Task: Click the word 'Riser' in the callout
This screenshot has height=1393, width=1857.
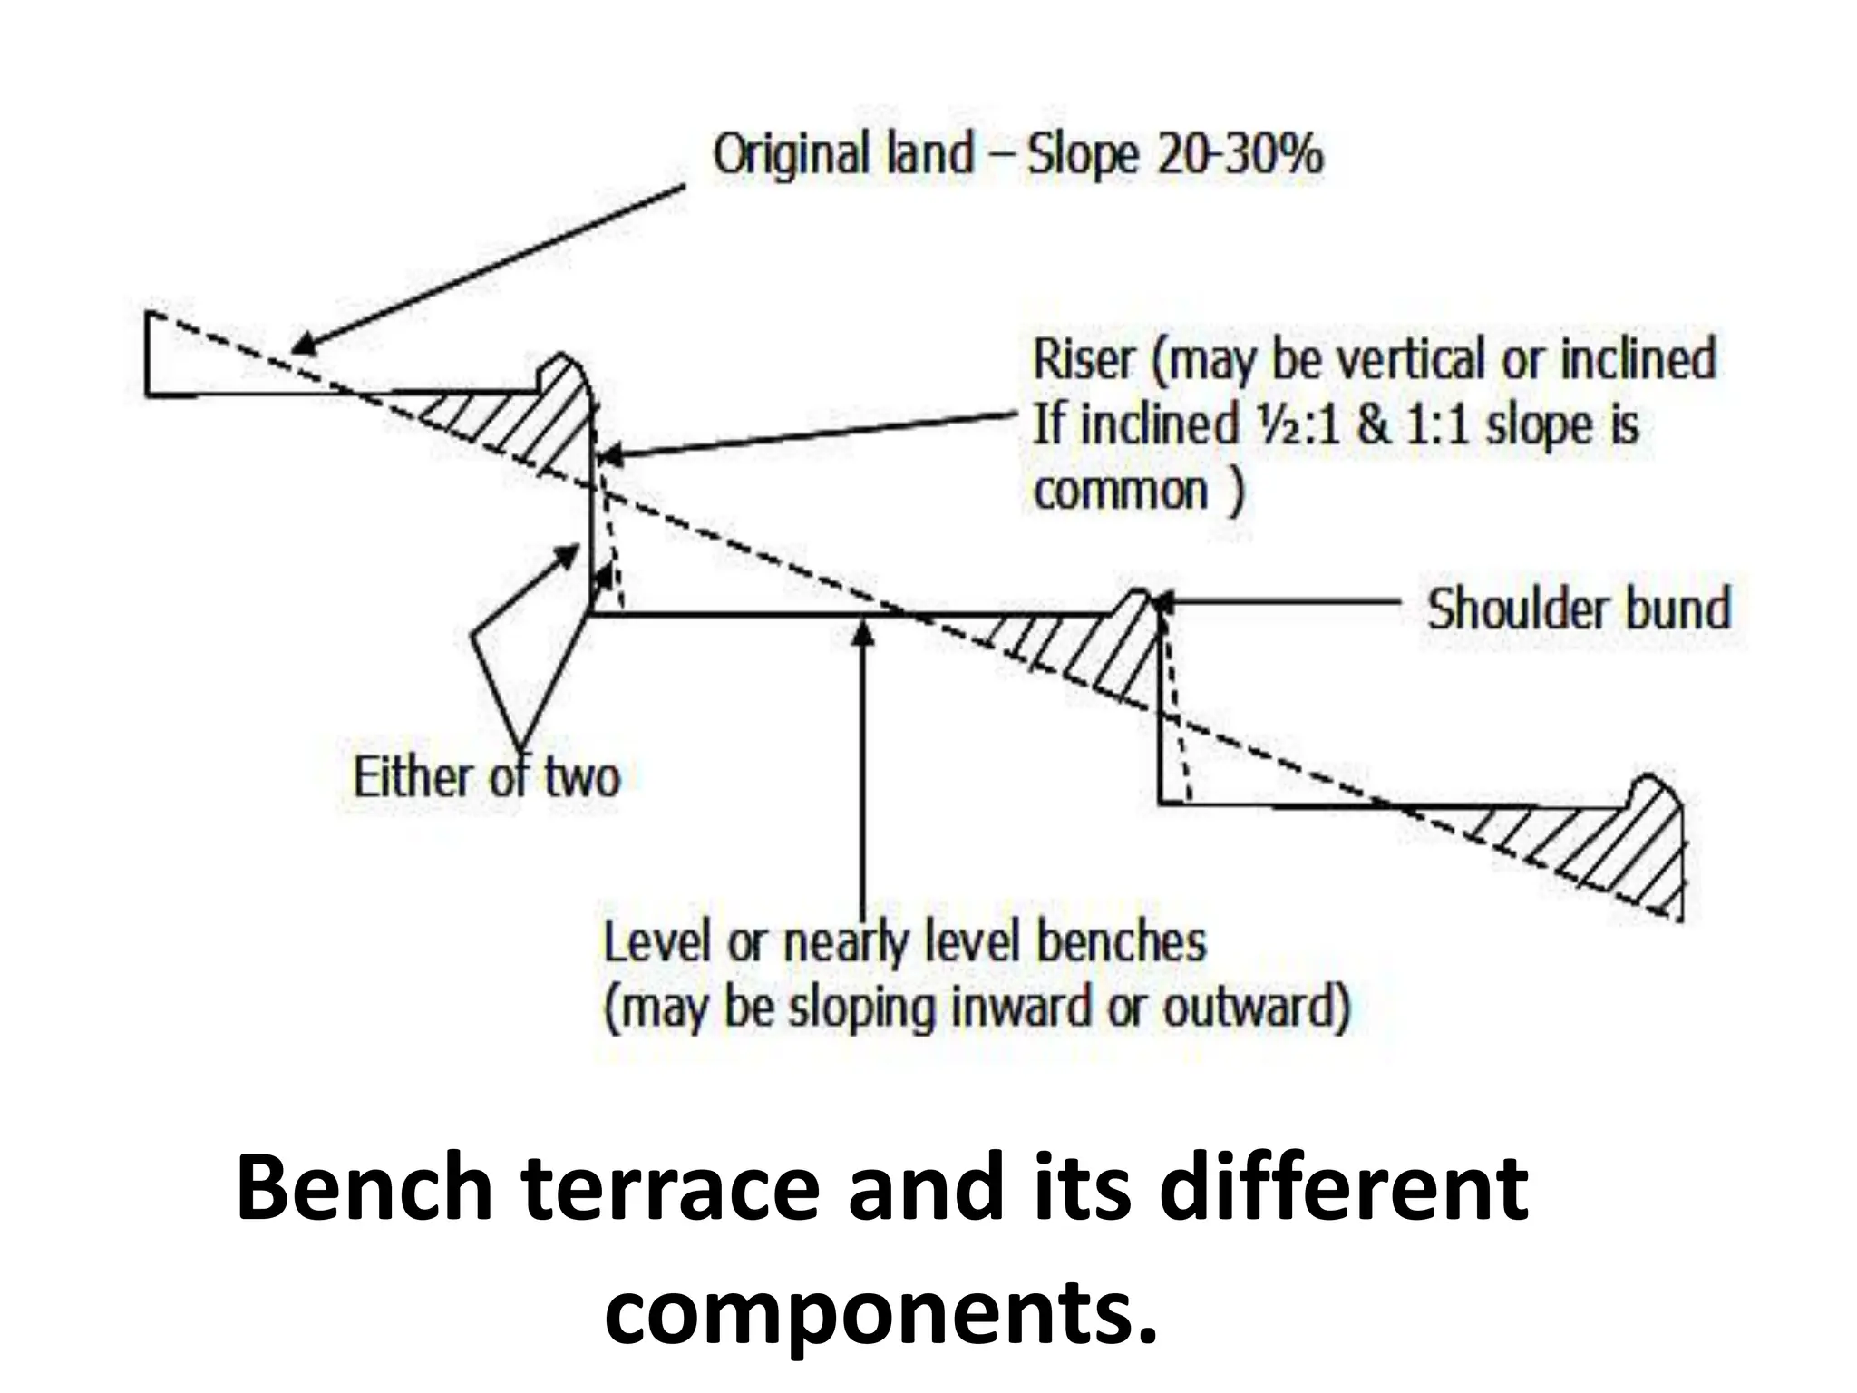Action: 1083,359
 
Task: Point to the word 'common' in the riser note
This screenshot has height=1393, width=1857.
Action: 1121,492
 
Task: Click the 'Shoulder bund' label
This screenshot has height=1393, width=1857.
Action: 1579,609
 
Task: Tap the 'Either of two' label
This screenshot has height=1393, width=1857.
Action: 486,778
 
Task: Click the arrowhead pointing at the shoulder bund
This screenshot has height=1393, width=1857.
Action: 1161,601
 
